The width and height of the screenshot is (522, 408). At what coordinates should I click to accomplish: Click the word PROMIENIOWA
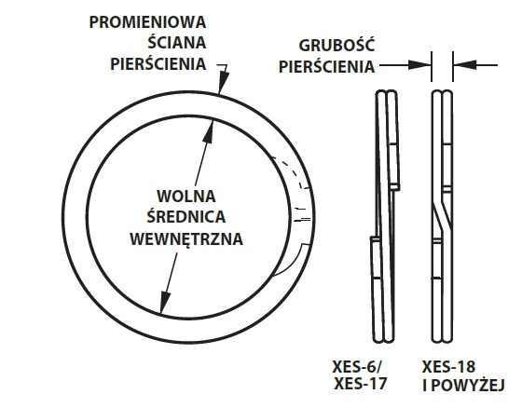147,22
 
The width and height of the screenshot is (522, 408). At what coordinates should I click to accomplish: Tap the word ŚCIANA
177,42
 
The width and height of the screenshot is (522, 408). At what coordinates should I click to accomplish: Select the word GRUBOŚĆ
337,46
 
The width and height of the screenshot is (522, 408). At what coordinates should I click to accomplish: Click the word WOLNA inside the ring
186,196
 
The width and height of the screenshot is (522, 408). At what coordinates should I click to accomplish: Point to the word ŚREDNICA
186,216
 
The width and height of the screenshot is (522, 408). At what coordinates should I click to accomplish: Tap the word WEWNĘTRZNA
186,238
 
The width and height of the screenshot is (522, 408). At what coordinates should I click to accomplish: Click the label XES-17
360,384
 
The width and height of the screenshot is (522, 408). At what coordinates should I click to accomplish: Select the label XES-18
448,367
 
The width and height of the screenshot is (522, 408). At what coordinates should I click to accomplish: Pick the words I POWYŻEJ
463,385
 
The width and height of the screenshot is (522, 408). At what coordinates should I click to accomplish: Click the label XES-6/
358,367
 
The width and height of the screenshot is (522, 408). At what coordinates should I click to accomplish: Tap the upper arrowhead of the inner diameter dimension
209,130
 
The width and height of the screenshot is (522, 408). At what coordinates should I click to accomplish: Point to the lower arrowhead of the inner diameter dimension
164,302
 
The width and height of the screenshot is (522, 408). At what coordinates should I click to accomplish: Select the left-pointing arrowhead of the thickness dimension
465,65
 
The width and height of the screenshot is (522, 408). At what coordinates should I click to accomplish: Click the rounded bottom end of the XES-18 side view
442,338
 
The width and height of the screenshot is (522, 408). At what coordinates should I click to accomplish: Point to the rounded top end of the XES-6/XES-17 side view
386,94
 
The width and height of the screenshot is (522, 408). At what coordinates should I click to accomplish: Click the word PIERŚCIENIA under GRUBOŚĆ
326,66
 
